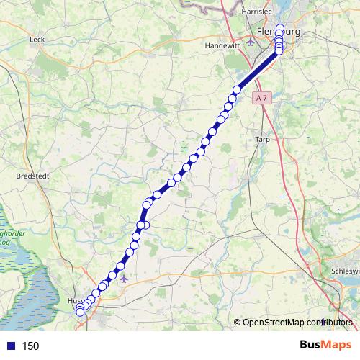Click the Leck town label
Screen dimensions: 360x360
(x=37, y=40)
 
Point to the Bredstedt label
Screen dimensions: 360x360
(x=32, y=175)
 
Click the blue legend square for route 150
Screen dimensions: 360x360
(x=9, y=346)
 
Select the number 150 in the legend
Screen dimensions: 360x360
(x=30, y=346)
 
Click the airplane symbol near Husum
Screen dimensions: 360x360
(x=124, y=277)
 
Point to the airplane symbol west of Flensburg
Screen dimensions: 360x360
(x=250, y=40)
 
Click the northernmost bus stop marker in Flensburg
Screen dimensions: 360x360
(x=279, y=29)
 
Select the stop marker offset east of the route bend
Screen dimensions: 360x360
(x=146, y=225)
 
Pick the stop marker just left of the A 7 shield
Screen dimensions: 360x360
(x=236, y=90)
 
